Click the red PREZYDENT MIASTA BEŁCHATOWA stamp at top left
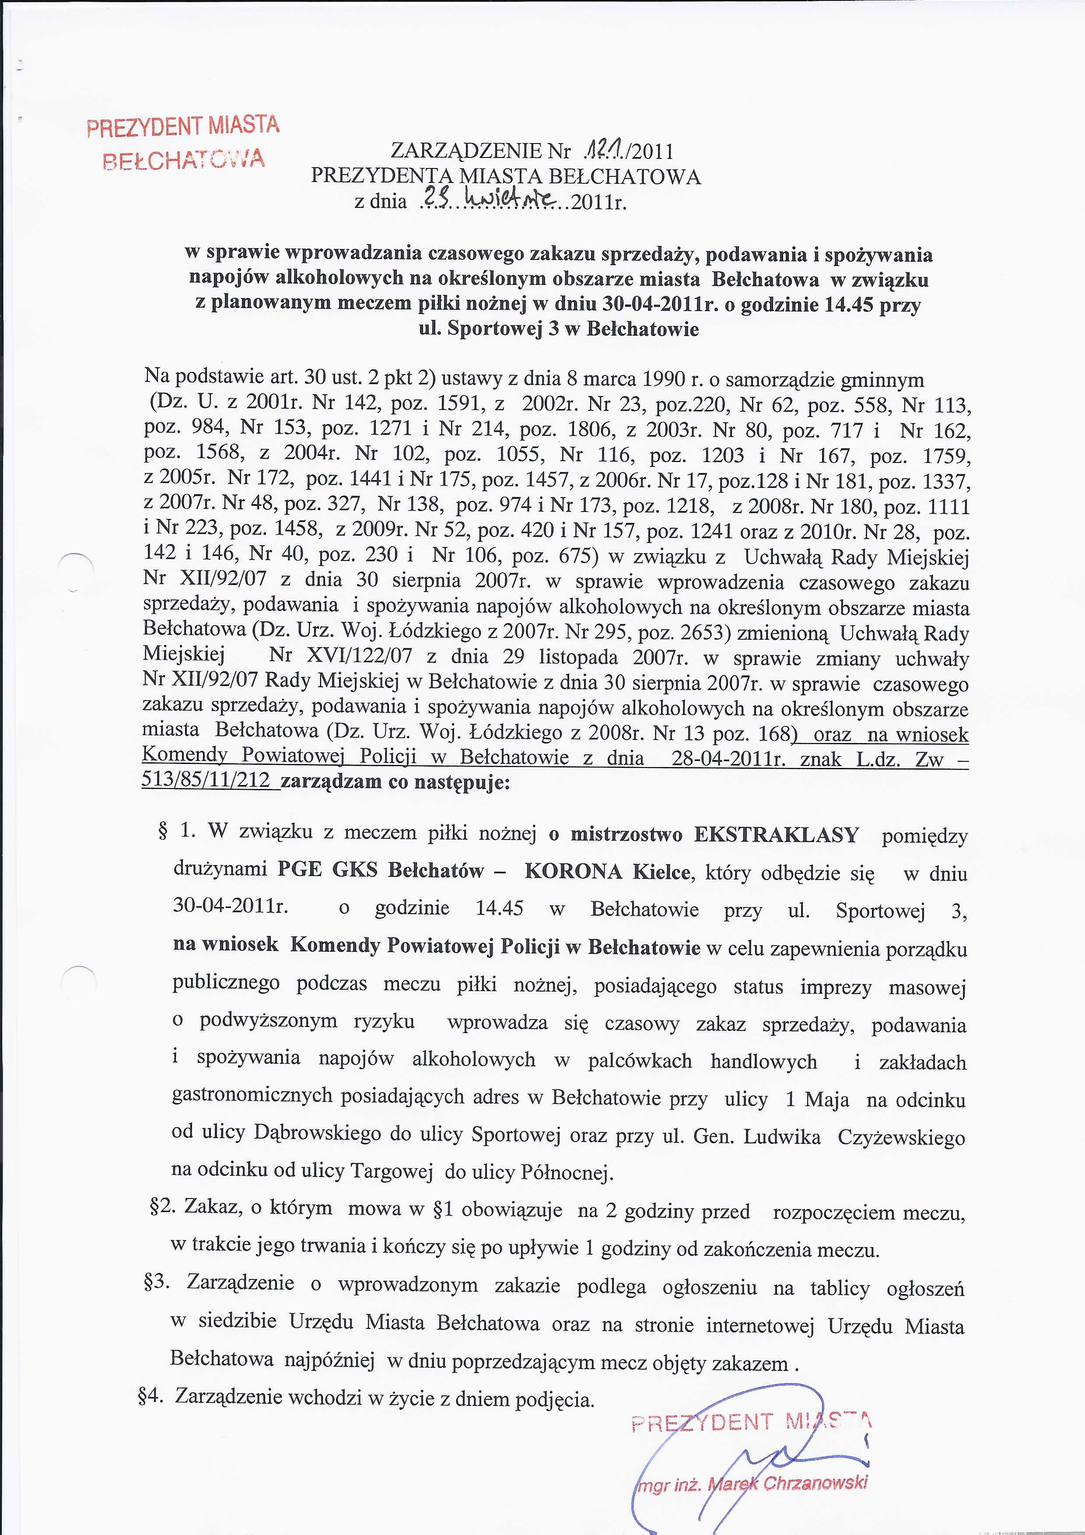point(182,142)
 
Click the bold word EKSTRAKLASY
point(776,835)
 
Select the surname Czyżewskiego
point(900,1137)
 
